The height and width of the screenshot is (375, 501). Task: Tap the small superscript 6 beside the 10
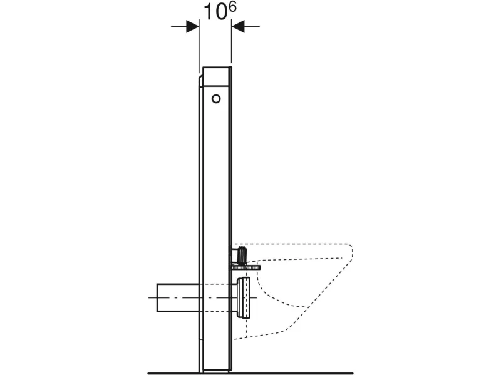tap(232, 7)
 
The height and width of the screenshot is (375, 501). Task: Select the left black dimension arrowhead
tap(192, 26)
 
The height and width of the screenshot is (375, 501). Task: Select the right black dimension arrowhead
tap(238, 26)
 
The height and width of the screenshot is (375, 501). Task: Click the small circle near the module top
tap(216, 99)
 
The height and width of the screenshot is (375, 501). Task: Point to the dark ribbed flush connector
tap(242, 255)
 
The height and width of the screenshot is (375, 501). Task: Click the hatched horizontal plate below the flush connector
tap(245, 267)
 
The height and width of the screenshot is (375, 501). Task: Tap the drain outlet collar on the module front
tap(244, 298)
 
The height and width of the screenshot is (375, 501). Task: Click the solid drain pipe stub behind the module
tap(178, 297)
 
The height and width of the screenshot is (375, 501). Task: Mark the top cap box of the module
tap(216, 76)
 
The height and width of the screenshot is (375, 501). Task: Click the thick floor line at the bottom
tap(250, 372)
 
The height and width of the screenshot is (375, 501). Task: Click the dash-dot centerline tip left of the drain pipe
tap(149, 298)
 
